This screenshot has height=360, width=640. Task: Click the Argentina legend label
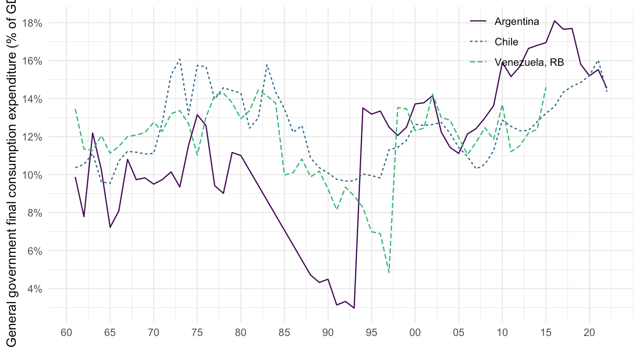coord(517,21)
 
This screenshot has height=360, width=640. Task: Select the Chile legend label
coord(506,42)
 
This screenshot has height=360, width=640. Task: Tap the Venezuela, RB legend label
coord(529,63)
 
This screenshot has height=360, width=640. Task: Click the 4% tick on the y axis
coord(35,289)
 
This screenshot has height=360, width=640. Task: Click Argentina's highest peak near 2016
coord(555,20)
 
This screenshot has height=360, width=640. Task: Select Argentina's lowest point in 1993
coord(354,308)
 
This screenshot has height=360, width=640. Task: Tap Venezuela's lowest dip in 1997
coord(389,272)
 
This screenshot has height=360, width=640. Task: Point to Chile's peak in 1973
coord(180,59)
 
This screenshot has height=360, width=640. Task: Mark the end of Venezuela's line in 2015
coord(546,87)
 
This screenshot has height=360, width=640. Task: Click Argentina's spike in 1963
coord(93,133)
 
